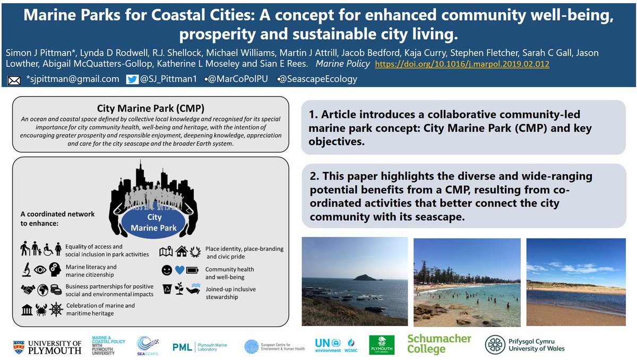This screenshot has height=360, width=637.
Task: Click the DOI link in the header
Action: (462, 64)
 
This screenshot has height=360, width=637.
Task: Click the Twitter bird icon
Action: (132, 79)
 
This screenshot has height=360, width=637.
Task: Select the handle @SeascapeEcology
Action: (317, 79)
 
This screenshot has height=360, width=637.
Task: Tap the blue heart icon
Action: (180, 270)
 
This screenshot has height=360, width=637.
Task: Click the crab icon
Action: (41, 310)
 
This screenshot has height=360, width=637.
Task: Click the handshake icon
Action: (27, 290)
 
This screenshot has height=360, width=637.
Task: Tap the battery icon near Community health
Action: (193, 270)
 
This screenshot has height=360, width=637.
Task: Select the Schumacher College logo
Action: (439, 344)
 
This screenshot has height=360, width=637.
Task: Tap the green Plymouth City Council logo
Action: (382, 344)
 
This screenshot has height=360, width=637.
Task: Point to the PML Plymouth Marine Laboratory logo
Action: (200, 347)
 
